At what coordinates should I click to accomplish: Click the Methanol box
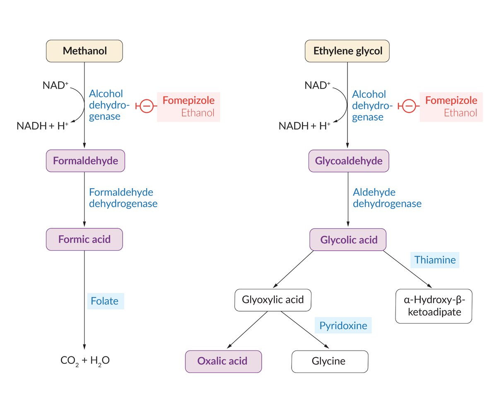coord(84,51)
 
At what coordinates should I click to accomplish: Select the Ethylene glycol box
coord(347,51)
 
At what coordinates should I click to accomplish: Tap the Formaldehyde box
coord(85,161)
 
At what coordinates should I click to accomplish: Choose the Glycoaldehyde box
coord(349,161)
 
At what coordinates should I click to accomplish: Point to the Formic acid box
coord(84,239)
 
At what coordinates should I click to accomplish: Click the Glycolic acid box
coord(348,240)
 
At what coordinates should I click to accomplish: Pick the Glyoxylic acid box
coord(272,300)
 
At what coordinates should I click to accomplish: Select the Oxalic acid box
coord(223,361)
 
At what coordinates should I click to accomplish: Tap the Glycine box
coord(330,361)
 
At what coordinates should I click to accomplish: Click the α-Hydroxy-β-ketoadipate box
coord(434,306)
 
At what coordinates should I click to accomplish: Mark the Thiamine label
coord(435,260)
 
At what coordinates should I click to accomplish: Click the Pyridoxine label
coord(343,325)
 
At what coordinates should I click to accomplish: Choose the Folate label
coord(105,301)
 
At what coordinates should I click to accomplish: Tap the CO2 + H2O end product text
coord(85,361)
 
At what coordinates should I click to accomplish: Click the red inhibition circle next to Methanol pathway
coord(146,106)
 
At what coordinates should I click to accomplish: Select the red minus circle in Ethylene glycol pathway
coord(409,107)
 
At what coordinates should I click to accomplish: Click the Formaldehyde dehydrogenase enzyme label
coord(123,198)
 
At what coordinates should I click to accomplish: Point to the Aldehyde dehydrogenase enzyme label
coord(387,198)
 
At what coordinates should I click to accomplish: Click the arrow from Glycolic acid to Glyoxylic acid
coord(293,269)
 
